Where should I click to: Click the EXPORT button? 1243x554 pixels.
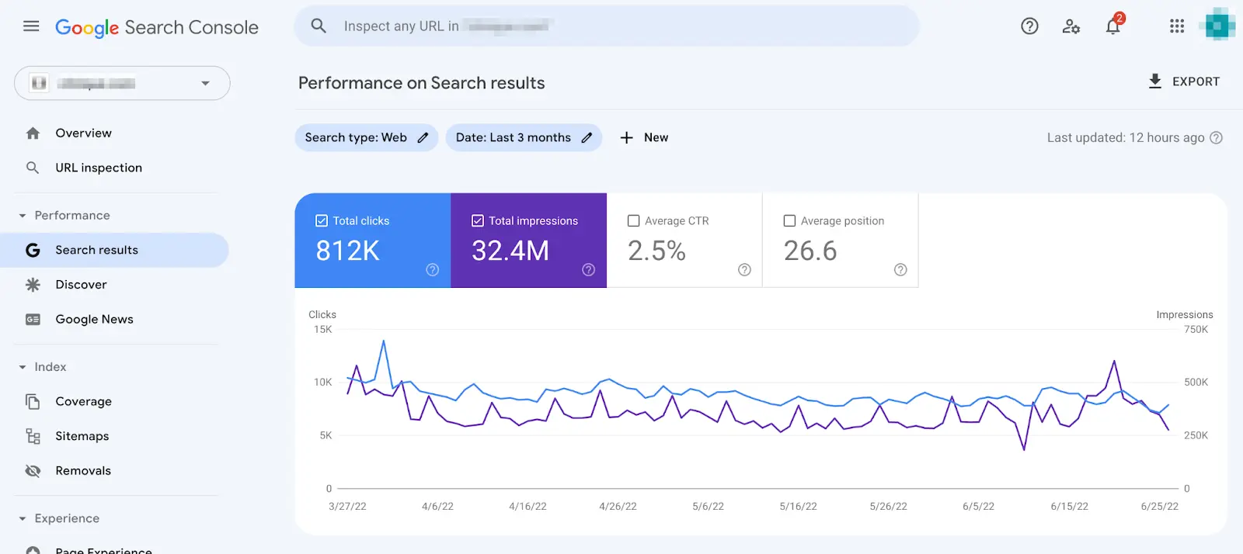point(1184,81)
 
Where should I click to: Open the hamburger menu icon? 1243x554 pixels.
point(31,26)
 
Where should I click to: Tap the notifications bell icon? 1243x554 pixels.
point(1112,27)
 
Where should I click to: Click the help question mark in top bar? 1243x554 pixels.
point(1029,26)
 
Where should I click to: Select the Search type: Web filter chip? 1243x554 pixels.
point(366,137)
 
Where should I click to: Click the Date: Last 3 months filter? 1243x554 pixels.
point(523,137)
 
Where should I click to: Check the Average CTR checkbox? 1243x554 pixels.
point(634,221)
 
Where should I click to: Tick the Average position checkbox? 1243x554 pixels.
point(790,221)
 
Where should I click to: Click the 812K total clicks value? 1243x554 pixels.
point(347,251)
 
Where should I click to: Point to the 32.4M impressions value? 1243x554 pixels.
point(510,251)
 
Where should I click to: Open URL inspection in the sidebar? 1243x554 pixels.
point(98,168)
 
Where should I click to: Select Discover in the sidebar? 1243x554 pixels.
point(81,285)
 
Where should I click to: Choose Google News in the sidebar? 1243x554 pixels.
point(94,319)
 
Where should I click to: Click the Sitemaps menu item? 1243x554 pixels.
point(82,436)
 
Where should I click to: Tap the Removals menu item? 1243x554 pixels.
point(83,471)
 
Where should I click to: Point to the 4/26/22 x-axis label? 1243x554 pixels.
point(618,507)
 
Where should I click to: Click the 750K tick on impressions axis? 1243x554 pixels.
point(1196,330)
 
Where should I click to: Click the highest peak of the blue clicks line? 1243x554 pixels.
point(383,341)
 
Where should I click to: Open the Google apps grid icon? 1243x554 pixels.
point(1176,26)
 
